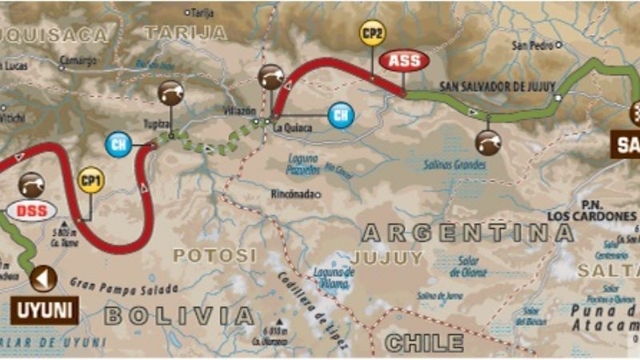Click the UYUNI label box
44,310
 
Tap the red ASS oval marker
404,61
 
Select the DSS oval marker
31,212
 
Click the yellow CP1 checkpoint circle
91,179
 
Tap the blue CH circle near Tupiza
118,145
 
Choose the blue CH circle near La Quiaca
341,114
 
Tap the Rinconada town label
294,194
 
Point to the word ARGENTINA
467,234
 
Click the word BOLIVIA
179,315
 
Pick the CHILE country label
424,343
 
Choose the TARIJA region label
186,32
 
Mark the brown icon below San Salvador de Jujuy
488,142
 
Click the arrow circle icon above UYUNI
43,279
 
